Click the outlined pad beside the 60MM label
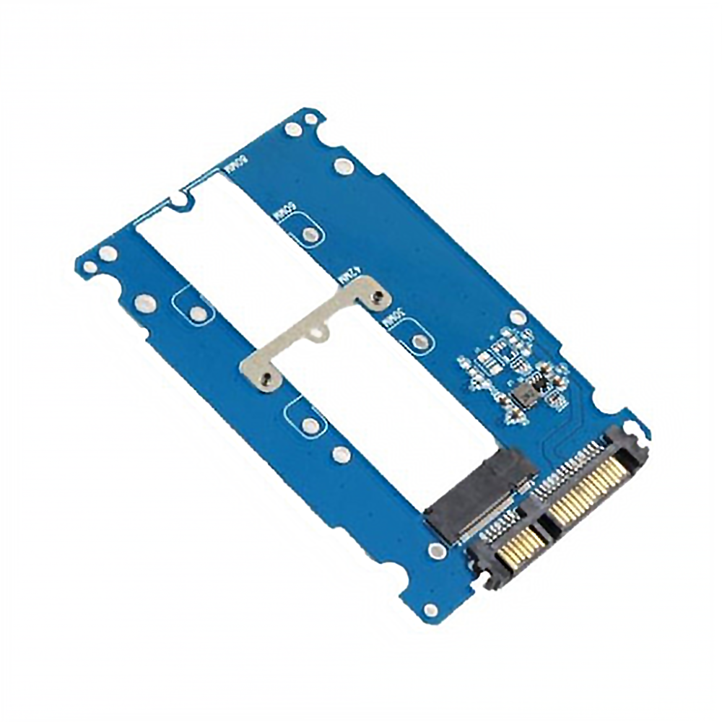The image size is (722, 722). [x=310, y=234]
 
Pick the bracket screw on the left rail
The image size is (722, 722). [x=266, y=377]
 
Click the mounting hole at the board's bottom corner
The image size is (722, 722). [x=431, y=611]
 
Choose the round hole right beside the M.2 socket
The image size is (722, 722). [x=434, y=552]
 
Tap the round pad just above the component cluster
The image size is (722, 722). [x=518, y=317]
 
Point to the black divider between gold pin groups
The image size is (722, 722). [x=551, y=526]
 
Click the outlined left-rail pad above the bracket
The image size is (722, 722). [x=196, y=313]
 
